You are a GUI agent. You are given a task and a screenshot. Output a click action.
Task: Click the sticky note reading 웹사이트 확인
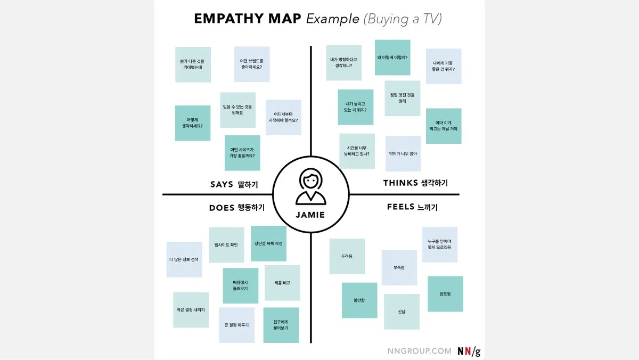[226, 245]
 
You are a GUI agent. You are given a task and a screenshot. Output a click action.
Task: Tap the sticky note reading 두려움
[347, 256]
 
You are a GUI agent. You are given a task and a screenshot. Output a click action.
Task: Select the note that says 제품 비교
[282, 283]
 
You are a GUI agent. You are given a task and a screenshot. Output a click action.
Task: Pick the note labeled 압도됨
[445, 293]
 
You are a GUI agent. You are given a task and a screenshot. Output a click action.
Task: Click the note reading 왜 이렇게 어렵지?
[392, 58]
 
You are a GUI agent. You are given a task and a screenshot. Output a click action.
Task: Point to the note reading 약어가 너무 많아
[403, 154]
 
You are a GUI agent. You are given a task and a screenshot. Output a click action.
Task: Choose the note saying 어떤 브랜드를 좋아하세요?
[252, 64]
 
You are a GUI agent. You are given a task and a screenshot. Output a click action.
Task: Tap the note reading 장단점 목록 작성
[268, 243]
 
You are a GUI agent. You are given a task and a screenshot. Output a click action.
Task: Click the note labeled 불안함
[359, 300]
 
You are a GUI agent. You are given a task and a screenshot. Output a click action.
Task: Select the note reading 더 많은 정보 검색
[184, 259]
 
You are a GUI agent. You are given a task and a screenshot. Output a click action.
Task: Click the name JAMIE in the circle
[310, 216]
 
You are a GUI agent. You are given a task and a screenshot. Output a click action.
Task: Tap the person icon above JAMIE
[310, 187]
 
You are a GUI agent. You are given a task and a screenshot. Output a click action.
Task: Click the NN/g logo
[469, 351]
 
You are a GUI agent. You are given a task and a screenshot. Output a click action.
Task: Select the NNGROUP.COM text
[420, 351]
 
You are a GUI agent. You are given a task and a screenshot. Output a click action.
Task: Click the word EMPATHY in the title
[229, 19]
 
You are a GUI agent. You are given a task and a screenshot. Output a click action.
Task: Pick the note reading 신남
[402, 312]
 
